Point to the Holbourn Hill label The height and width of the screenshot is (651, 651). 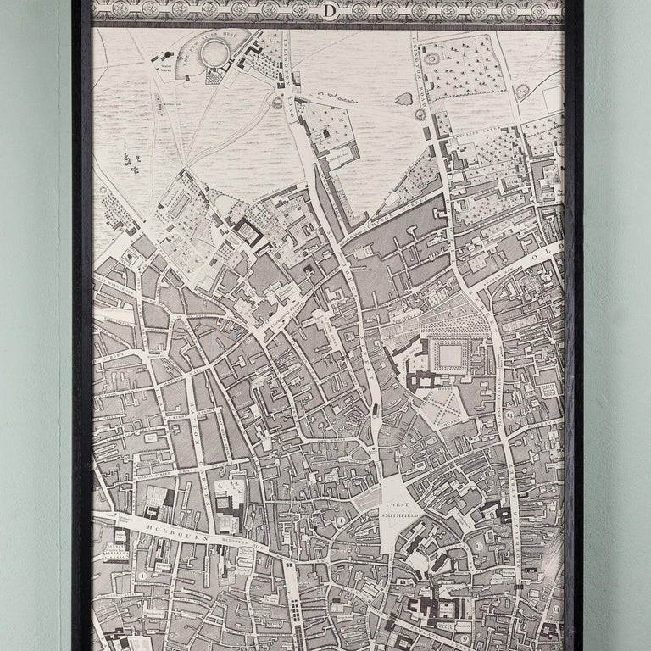coord(246,542)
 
